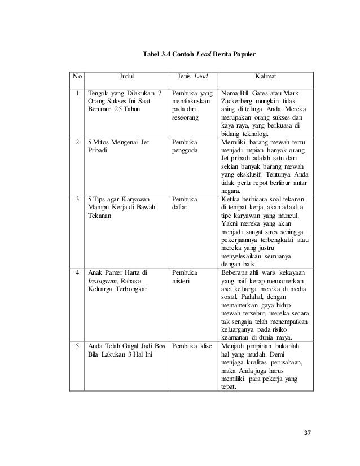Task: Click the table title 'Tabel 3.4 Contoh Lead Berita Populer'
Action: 200,55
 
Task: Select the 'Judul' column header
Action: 126,76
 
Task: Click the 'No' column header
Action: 76,76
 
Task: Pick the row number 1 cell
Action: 76,93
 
